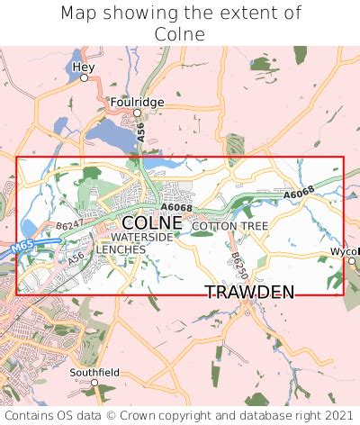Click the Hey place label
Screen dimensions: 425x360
point(84,67)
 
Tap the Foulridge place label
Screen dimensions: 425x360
point(137,102)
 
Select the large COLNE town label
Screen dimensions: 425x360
point(151,222)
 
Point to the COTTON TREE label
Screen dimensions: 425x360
point(229,225)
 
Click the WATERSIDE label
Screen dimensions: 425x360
point(142,237)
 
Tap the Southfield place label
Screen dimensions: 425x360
point(94,371)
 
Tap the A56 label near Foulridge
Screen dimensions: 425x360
point(141,131)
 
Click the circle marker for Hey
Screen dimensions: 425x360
point(84,78)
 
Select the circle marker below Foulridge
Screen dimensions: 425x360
point(137,113)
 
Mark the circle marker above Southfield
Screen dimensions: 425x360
point(94,382)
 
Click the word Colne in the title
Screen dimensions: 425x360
point(180,34)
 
